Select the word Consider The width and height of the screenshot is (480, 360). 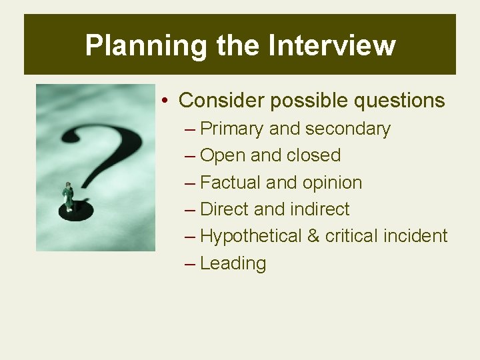click(222, 101)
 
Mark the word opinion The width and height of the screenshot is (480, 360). click(332, 183)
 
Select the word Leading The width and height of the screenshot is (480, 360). click(233, 263)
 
